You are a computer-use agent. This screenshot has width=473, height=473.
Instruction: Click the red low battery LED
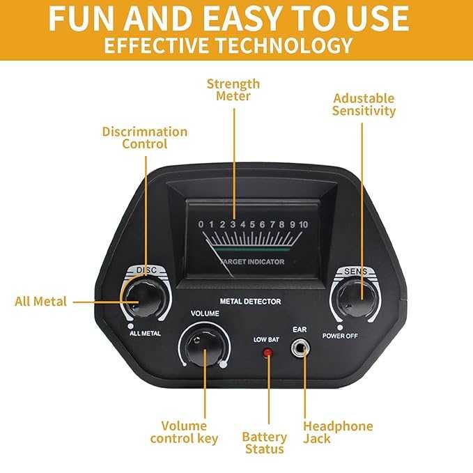[267, 352]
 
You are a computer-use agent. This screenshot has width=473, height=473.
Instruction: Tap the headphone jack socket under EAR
[300, 348]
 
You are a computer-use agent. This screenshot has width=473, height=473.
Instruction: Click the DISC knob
[146, 298]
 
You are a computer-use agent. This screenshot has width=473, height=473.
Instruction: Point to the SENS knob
[356, 299]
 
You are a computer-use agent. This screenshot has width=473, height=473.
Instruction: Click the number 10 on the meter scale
[303, 224]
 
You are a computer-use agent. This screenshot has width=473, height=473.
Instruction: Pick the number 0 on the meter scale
[201, 224]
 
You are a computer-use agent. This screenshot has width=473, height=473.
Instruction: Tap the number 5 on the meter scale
[252, 224]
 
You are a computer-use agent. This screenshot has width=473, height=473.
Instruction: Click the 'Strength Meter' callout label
[233, 90]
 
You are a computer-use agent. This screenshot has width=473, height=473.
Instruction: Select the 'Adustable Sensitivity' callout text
[364, 104]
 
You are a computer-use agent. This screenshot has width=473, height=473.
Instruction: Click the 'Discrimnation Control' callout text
[145, 137]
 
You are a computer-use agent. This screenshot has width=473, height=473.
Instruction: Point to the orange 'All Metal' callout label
[40, 302]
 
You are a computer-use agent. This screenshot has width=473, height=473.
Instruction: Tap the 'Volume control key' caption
[184, 433]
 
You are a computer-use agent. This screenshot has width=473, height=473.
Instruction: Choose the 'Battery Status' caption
[265, 443]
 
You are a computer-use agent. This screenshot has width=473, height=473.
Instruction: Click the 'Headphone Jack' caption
[338, 433]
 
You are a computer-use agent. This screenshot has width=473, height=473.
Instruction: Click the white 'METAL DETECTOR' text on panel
[250, 302]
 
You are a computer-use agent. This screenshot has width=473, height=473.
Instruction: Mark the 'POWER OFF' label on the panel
[340, 336]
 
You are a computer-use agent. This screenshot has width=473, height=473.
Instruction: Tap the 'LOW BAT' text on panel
[266, 340]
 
